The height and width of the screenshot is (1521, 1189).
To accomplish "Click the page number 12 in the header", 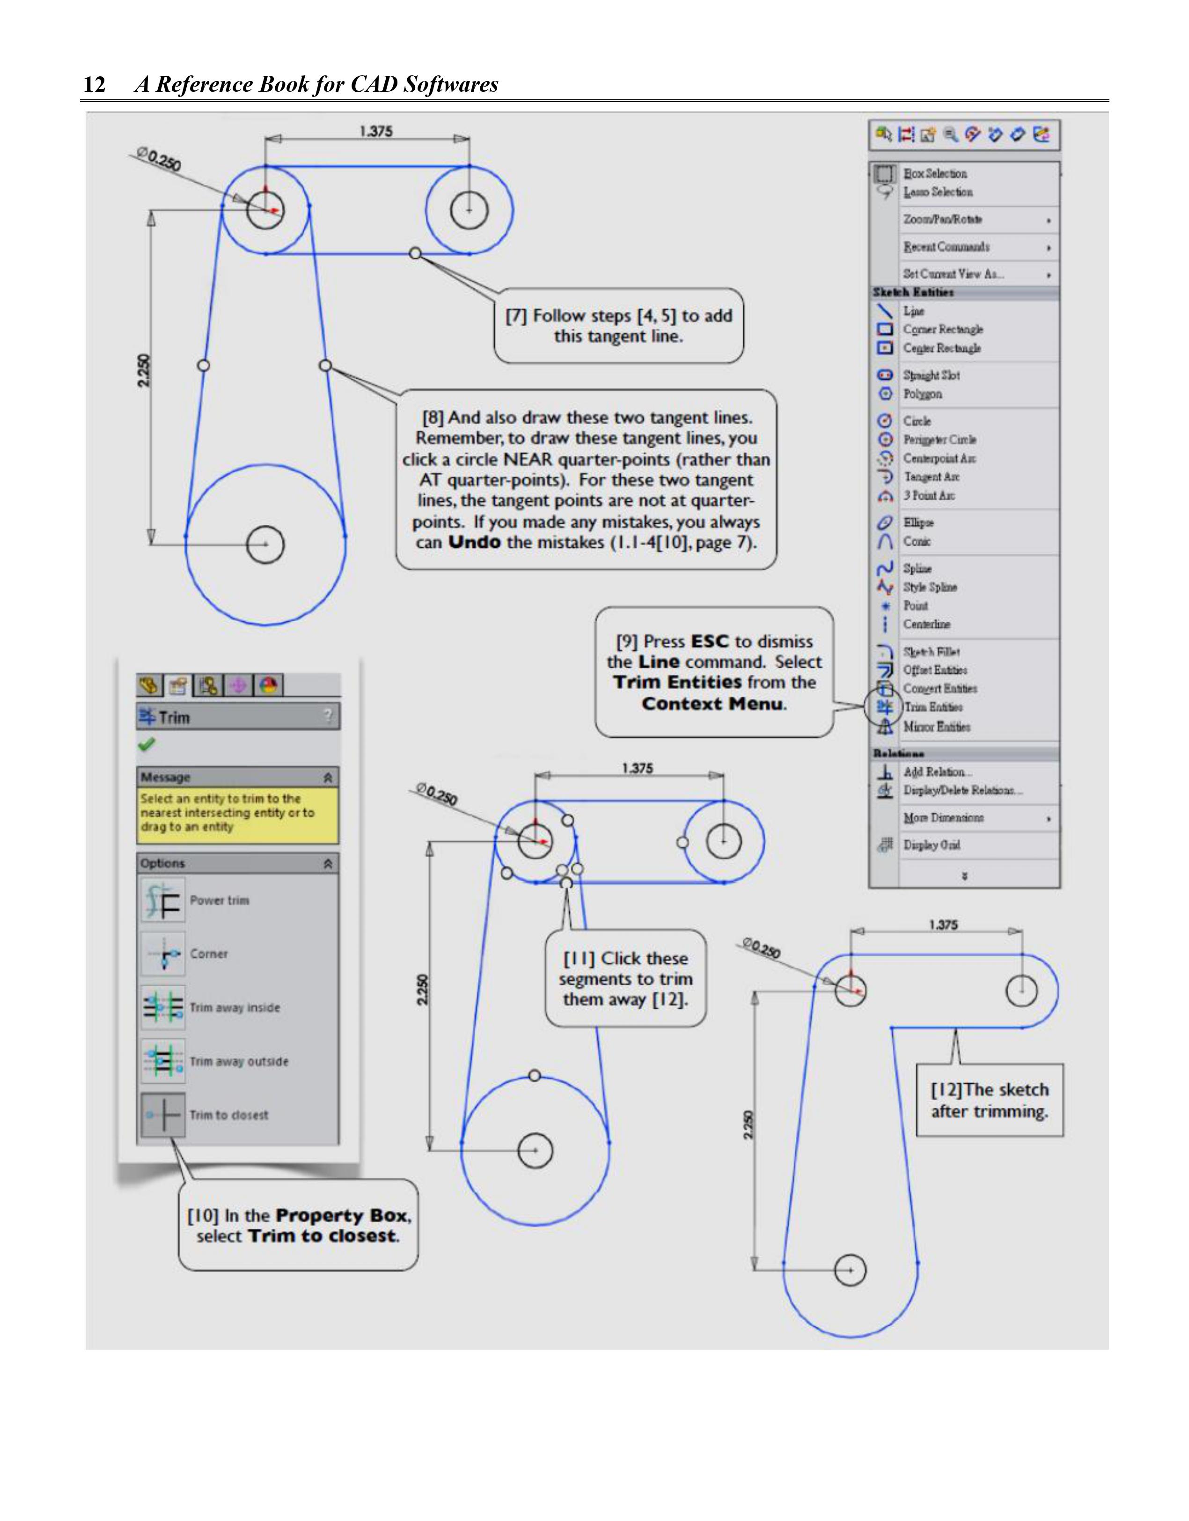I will (x=95, y=84).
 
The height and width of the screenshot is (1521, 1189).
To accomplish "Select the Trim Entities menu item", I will (x=933, y=707).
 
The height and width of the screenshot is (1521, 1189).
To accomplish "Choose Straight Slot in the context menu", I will (x=931, y=375).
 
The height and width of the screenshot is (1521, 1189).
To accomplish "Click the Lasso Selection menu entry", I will (x=938, y=192).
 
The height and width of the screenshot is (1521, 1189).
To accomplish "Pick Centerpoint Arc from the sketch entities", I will (x=939, y=458).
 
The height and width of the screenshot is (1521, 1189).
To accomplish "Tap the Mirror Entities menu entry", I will (x=936, y=727).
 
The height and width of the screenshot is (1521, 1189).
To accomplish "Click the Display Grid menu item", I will (x=931, y=845).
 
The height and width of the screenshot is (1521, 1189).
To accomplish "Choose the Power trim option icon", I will (x=163, y=901).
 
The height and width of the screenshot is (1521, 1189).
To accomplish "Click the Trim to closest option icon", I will (x=163, y=1115).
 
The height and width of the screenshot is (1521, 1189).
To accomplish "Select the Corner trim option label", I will (x=209, y=954).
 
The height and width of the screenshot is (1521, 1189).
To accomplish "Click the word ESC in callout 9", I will (x=710, y=641).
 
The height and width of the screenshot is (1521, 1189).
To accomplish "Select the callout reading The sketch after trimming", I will (x=989, y=1100).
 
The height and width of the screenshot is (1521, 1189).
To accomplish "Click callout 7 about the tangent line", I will (x=618, y=326).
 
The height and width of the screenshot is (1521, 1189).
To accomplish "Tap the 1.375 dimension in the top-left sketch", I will (x=376, y=132).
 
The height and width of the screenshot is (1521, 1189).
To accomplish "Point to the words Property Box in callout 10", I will (x=342, y=1215).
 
